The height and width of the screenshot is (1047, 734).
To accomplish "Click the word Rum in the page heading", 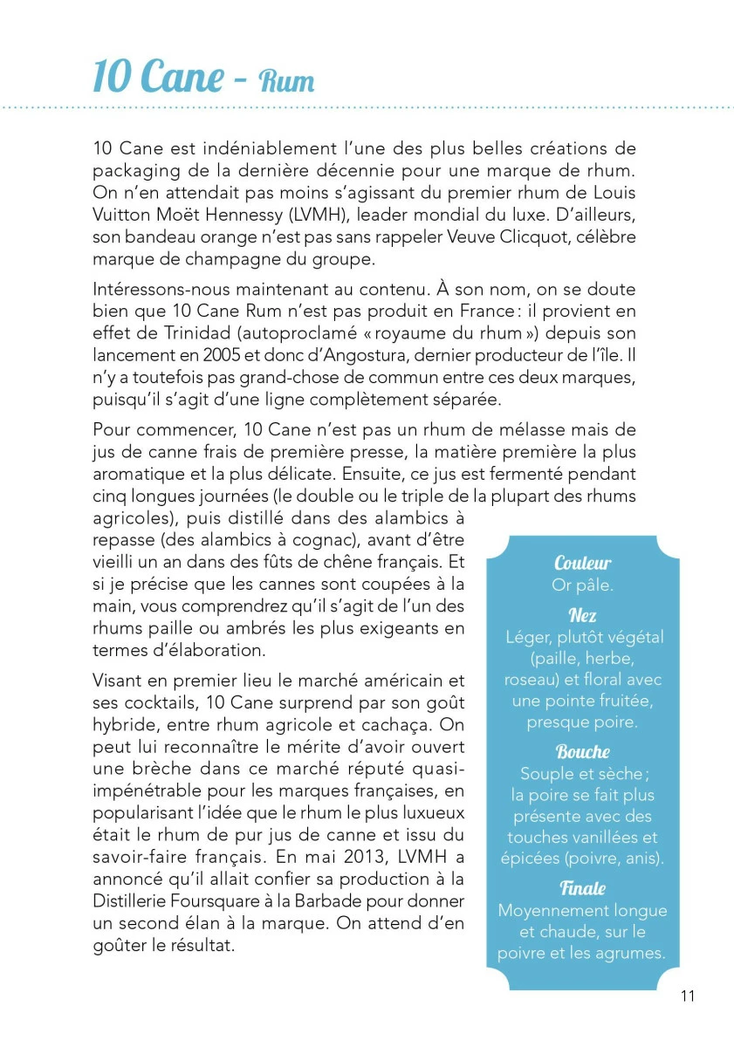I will tap(286, 82).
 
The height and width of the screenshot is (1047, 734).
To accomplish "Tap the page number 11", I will tap(688, 996).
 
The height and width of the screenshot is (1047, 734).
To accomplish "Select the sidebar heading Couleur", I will tap(582, 564).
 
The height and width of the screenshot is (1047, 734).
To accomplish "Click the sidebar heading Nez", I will tap(582, 616).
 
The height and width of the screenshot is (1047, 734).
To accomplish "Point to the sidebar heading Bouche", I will tap(582, 752).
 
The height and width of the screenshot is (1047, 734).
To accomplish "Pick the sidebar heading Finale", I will tap(582, 888).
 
